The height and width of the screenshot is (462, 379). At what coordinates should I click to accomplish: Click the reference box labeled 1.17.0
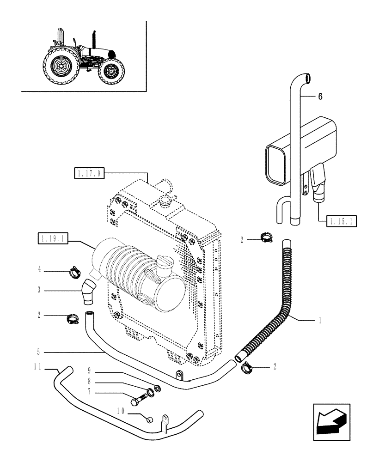[x=90, y=174]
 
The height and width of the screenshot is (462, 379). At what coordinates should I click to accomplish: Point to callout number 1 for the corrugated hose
[x=320, y=320]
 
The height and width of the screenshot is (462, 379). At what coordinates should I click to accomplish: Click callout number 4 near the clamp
[x=40, y=268]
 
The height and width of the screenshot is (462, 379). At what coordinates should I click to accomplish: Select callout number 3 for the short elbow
[x=40, y=291]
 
